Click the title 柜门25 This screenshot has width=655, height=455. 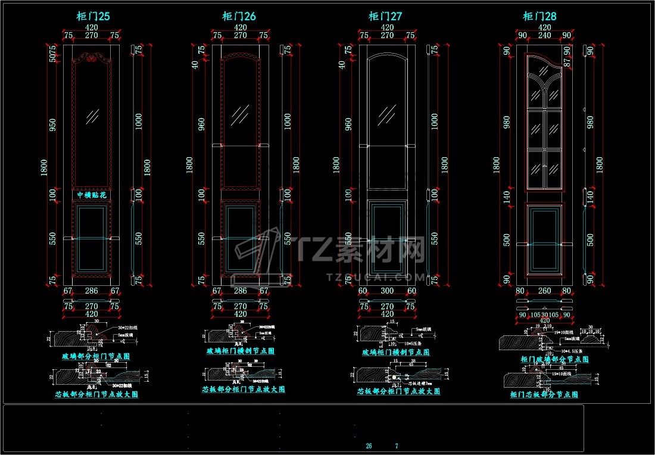click(x=93, y=17)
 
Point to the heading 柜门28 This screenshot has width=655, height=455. click(x=539, y=17)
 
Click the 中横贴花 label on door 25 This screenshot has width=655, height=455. click(x=92, y=195)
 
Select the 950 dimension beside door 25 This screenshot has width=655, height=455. click(x=52, y=125)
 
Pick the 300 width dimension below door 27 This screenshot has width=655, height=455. click(x=387, y=291)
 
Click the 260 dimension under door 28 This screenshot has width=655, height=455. click(x=544, y=291)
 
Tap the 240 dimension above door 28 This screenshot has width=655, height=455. click(x=544, y=35)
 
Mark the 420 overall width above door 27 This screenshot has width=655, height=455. click(x=387, y=27)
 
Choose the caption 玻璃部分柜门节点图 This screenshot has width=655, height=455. click(x=96, y=356)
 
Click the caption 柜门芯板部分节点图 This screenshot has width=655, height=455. click(x=545, y=394)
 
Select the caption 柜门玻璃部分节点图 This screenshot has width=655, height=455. click(x=554, y=359)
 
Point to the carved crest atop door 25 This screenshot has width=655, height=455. click(x=92, y=58)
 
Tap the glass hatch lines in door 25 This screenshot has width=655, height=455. click(x=92, y=116)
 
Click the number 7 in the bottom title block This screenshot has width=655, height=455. click(x=397, y=446)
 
